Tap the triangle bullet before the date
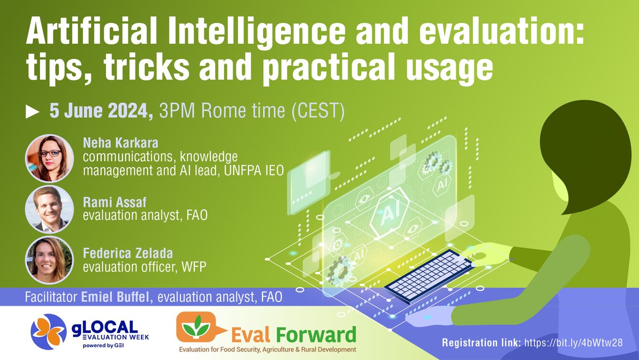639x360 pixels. coord(33,112)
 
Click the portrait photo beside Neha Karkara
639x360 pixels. coord(49,157)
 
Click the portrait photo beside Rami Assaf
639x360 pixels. coord(49,208)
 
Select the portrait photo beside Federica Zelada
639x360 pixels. coord(49,259)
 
